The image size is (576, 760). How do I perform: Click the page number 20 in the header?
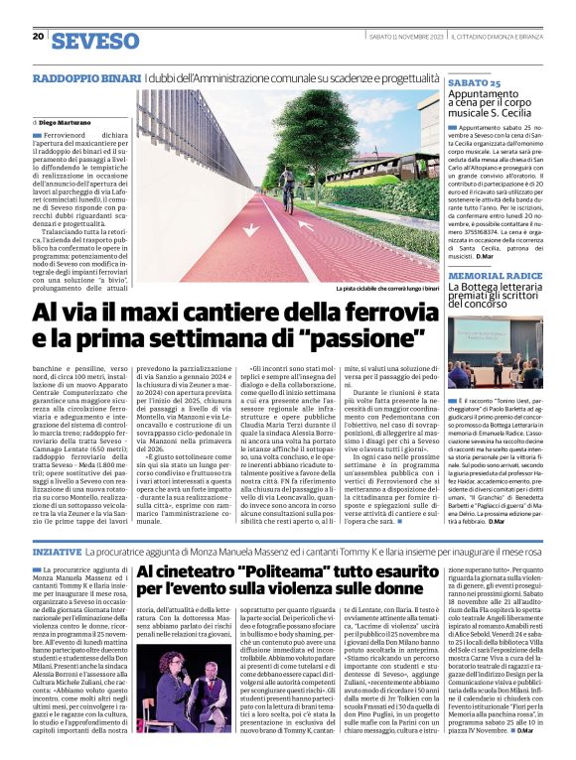[x=38, y=36]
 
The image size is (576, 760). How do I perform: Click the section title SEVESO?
[x=95, y=41]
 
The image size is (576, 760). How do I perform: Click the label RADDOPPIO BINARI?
[x=86, y=77]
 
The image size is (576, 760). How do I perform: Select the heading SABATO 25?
[x=474, y=84]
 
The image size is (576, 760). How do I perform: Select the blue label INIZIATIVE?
[x=56, y=550]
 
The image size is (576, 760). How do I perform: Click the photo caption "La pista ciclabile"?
[x=382, y=289]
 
